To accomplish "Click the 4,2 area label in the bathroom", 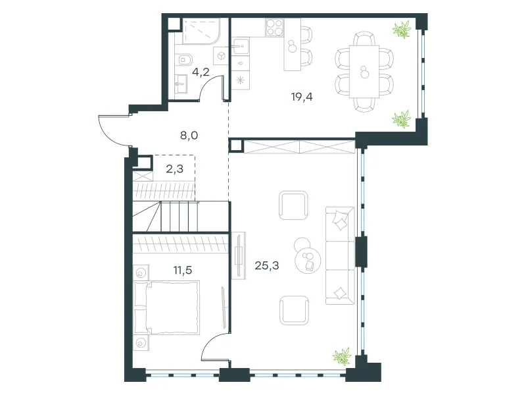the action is pos(201,72).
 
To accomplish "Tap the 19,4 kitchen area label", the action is pos(302,97).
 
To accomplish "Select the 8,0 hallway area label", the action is pos(189,136).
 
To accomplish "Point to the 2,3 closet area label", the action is pos(175,169).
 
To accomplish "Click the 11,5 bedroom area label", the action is pos(183,270).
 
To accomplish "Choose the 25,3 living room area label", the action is pos(267,266).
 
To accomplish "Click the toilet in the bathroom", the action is pos(183,60).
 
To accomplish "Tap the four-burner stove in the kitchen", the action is pos(275,27).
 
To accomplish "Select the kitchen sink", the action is pos(240,46).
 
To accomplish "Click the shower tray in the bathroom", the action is pos(201,32).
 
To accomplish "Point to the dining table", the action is pos(364,72).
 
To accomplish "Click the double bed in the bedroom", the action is pos(167,308).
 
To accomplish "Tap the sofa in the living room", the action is pos(340,255).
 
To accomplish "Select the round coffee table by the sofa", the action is pos(308,261).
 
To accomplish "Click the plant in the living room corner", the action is pos(342,355).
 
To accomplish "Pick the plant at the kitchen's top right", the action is pos(402,29).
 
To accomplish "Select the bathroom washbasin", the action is pos(180,84).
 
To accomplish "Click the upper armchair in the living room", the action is pos(293,205).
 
